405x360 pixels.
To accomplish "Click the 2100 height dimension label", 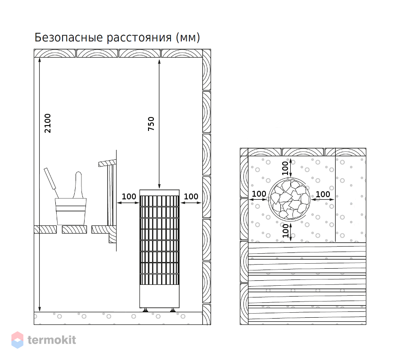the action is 48,123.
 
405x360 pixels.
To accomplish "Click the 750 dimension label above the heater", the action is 151,124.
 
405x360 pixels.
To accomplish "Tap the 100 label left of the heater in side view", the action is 129,197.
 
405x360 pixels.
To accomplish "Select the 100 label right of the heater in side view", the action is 191,197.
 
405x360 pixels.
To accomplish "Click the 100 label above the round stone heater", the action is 285,168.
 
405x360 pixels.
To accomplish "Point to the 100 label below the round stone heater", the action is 285,230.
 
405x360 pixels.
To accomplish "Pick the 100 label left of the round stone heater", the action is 259,193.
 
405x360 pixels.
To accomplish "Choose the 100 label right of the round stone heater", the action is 323,194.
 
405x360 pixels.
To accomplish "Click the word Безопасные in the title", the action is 69,38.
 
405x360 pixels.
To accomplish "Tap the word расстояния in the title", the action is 139,38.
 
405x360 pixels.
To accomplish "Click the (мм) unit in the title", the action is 188,38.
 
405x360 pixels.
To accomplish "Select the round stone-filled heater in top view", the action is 289,199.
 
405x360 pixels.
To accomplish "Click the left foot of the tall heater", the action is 145,310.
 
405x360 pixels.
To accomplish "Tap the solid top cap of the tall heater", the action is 159,193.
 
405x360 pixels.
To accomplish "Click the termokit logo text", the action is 52,340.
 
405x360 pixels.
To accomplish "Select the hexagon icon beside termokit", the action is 17,340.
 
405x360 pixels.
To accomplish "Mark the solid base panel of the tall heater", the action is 159,296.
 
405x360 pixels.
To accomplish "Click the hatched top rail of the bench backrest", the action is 107,163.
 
